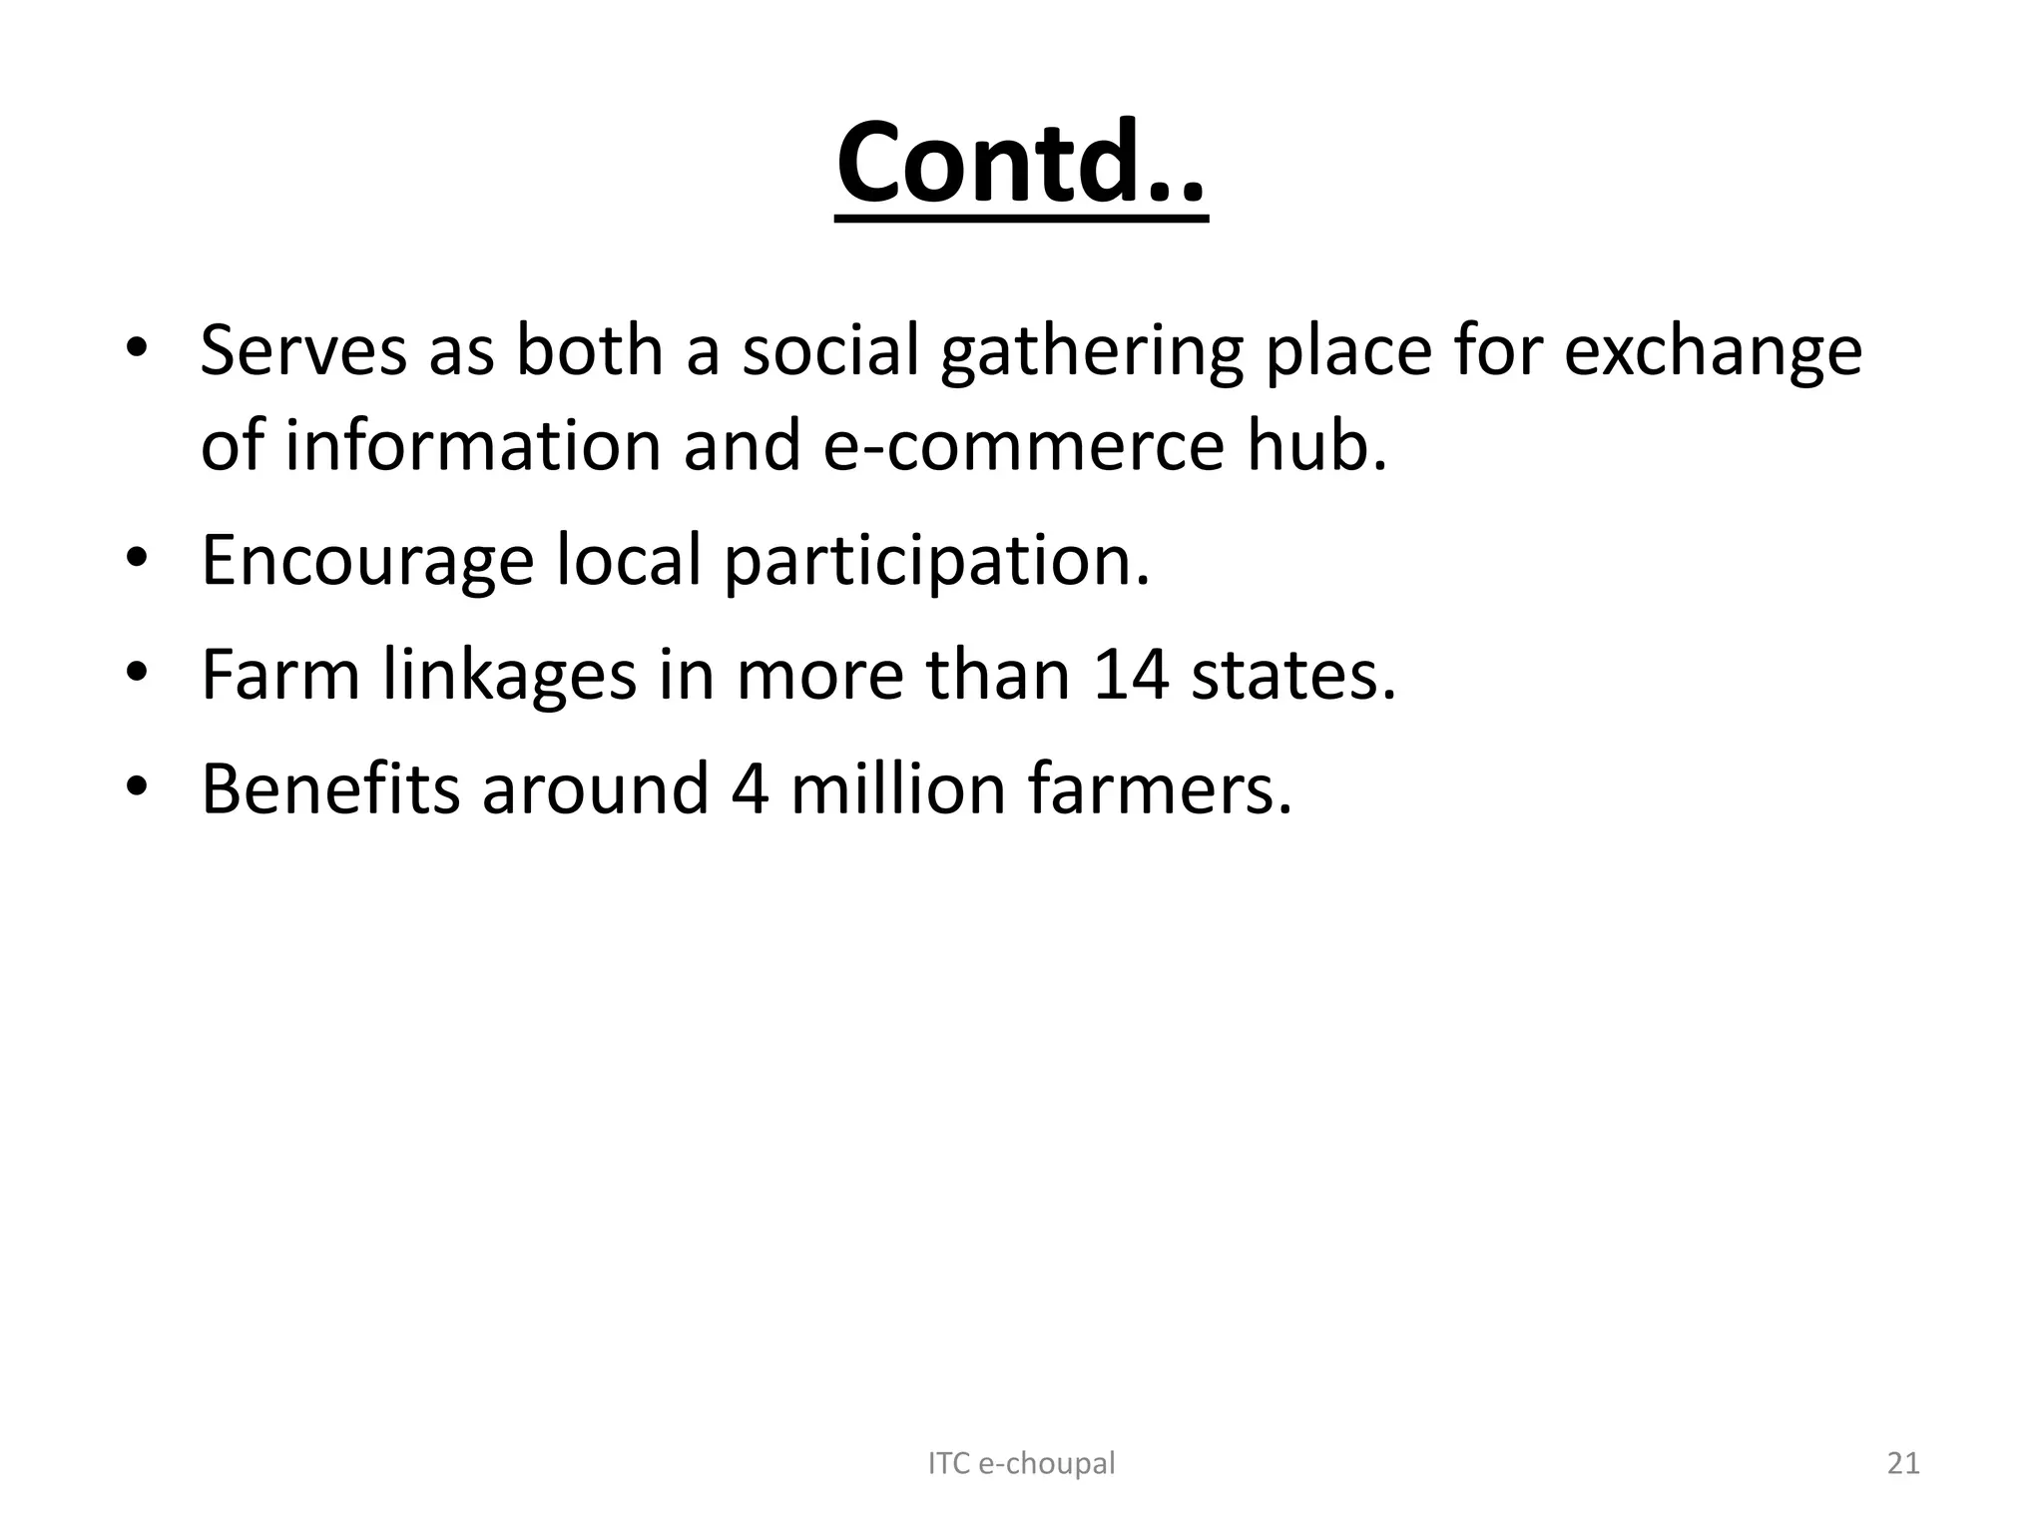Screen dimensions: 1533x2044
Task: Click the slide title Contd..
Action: click(1021, 164)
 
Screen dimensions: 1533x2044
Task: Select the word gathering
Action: click(1090, 353)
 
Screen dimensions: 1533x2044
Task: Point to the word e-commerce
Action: click(1022, 446)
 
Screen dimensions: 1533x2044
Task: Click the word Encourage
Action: click(367, 561)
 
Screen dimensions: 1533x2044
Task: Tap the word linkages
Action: click(509, 676)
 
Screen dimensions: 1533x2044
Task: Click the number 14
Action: click(1131, 676)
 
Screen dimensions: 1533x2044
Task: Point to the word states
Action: click(1293, 676)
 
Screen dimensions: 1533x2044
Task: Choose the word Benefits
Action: click(330, 789)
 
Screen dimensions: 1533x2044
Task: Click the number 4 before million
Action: click(750, 789)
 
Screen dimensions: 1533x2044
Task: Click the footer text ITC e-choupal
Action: click(1021, 1463)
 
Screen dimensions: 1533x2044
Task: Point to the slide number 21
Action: click(1903, 1463)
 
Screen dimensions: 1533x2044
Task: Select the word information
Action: click(473, 446)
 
